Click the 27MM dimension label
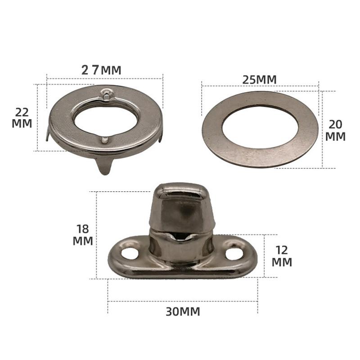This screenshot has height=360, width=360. [101, 70]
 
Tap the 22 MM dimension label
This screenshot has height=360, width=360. [22, 118]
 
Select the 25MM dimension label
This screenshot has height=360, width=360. [260, 80]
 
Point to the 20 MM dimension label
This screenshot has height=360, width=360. [335, 130]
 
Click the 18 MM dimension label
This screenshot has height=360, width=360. [83, 235]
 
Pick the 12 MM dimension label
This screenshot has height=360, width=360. [282, 256]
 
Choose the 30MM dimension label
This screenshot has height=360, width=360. [183, 311]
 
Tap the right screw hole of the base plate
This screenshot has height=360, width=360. [234, 254]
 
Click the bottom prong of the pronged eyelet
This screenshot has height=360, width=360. [105, 166]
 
